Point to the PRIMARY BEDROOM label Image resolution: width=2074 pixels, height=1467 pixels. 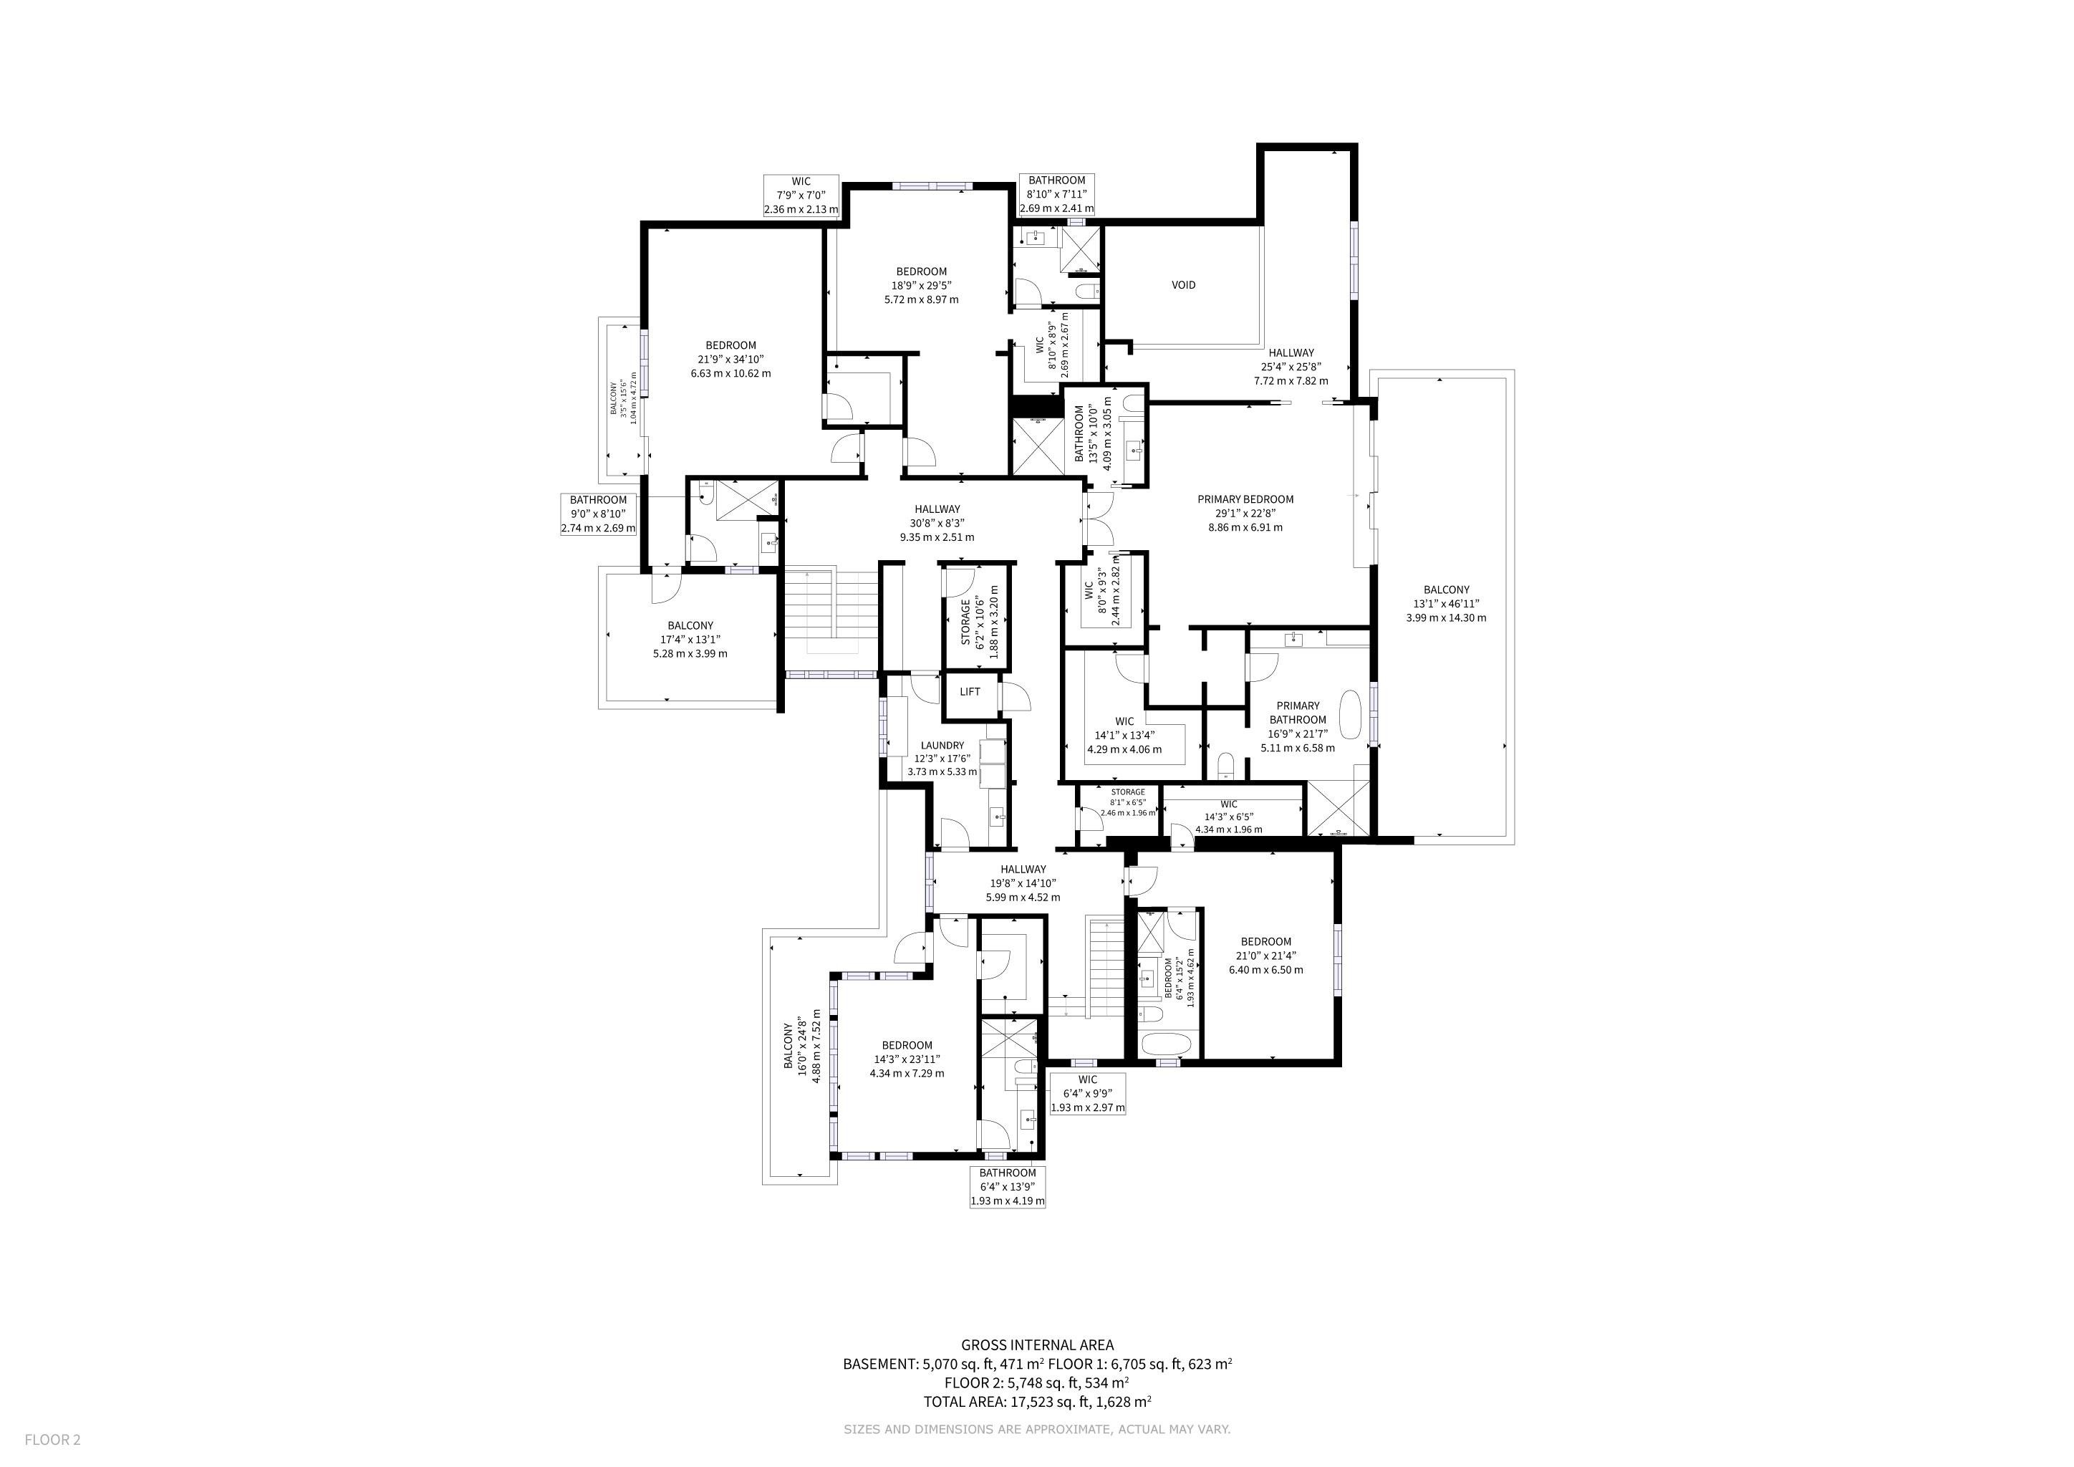coord(1245,499)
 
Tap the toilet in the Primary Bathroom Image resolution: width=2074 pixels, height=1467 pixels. coord(1225,766)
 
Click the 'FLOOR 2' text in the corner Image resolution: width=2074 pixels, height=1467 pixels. coord(52,1440)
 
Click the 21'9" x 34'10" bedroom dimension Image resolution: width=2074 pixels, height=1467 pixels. coord(730,360)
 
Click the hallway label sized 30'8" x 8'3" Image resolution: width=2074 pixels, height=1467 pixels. coord(937,523)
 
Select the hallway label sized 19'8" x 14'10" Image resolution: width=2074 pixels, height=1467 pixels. coord(1023,883)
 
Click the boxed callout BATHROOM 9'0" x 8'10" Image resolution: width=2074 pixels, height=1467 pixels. coord(598,514)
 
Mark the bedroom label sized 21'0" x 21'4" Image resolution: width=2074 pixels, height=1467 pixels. coord(1265,956)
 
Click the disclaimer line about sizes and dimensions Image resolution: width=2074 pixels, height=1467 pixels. coord(1037,1429)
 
